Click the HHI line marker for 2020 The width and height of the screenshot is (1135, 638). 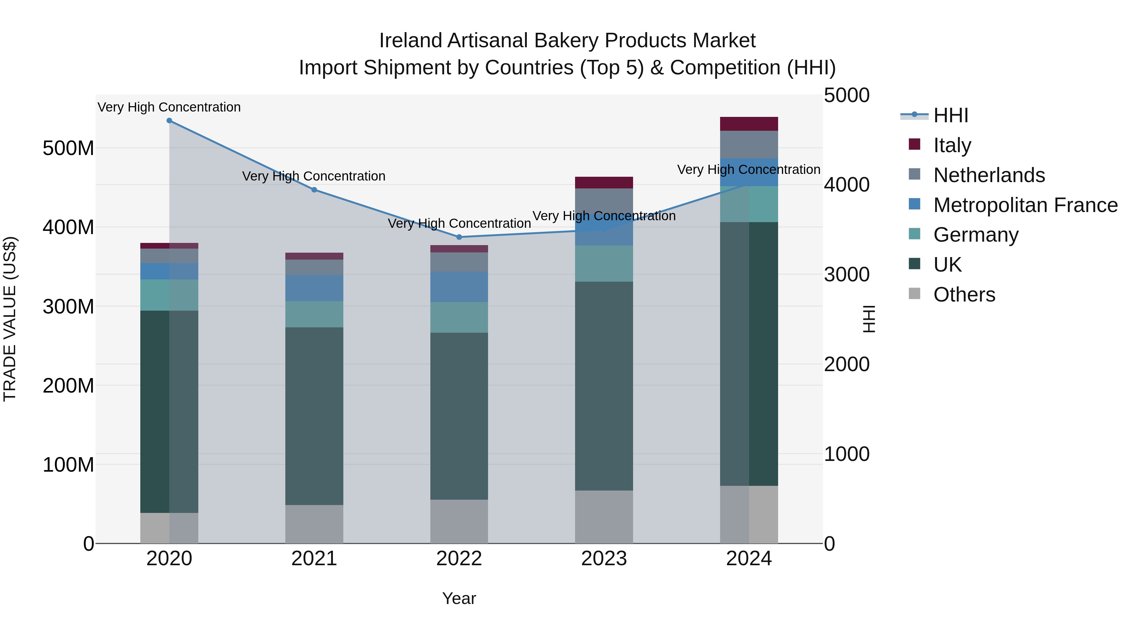[169, 121]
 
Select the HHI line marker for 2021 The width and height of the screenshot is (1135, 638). [314, 190]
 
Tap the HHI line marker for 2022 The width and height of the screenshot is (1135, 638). [459, 237]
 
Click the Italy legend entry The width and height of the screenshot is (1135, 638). [952, 145]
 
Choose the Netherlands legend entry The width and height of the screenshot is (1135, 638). [989, 175]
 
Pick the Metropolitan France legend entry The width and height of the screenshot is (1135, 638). [1025, 205]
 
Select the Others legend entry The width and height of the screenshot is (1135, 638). [964, 295]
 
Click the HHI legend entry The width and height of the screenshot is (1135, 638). [950, 115]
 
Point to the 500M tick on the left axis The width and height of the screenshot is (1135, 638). [68, 148]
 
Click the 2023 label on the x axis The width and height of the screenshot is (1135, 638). [604, 559]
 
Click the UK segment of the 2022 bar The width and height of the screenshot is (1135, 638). [459, 416]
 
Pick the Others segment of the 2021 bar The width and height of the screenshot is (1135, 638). [314, 524]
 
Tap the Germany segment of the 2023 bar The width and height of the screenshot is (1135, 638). [604, 263]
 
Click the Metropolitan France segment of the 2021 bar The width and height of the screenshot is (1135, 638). [314, 288]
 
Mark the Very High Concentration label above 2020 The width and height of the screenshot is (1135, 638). [169, 107]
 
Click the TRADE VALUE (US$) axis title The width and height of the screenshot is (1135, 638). [10, 319]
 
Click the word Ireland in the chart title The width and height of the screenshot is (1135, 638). [410, 41]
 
